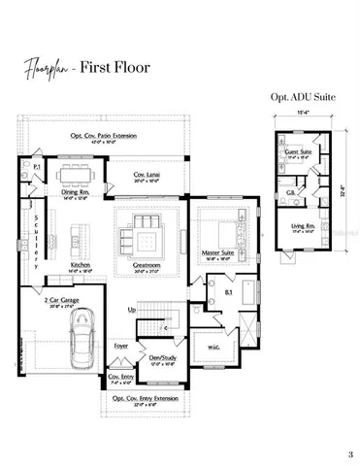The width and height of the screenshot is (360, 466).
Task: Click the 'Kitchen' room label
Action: pyautogui.click(x=81, y=263)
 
